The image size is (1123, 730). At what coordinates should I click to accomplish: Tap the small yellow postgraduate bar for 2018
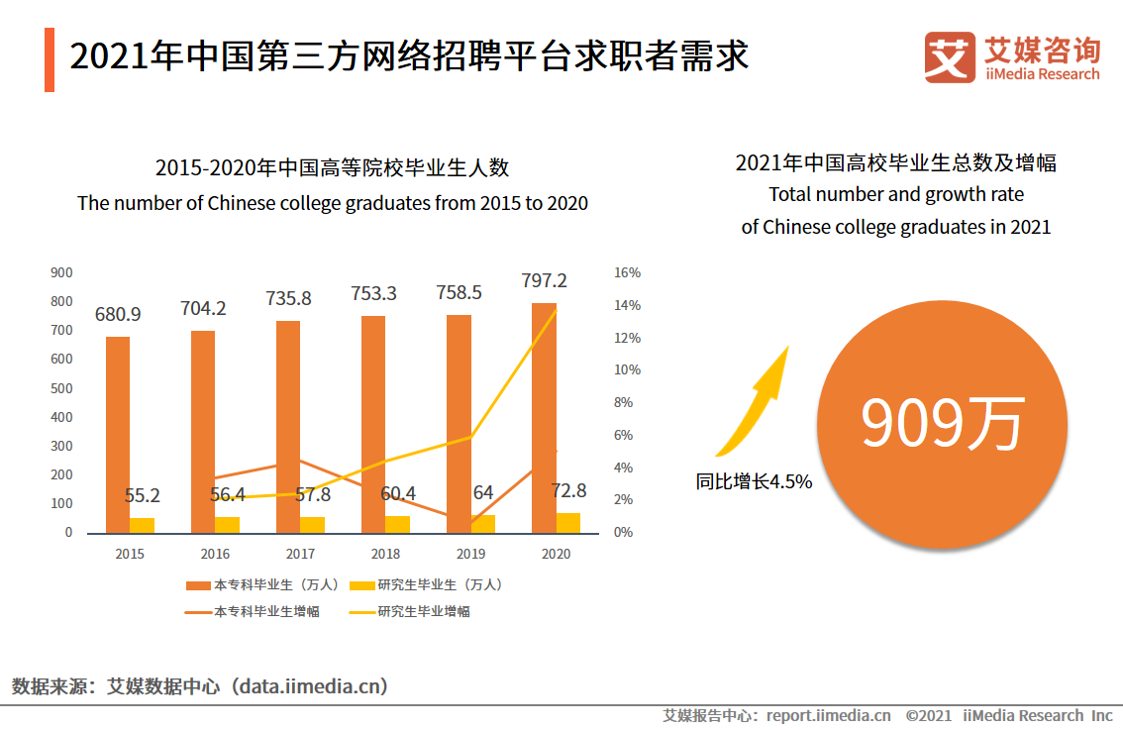click(397, 524)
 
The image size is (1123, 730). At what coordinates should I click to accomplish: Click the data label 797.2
click(544, 281)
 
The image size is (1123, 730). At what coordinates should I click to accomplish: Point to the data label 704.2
click(203, 308)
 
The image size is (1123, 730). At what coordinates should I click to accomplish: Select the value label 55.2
click(143, 495)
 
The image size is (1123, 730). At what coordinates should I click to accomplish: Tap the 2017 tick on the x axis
click(300, 554)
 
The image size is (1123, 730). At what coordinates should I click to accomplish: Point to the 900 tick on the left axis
click(61, 272)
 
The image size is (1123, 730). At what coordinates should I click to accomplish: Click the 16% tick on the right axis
click(627, 272)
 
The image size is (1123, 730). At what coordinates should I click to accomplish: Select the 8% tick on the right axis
click(624, 402)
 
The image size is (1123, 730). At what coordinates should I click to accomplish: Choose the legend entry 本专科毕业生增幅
click(266, 611)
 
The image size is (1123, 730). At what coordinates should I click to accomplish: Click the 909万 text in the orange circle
click(941, 423)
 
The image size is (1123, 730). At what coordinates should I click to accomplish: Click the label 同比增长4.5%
click(754, 482)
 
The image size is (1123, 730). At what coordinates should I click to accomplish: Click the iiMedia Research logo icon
click(950, 57)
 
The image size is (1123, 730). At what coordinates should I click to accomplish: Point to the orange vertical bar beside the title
click(50, 59)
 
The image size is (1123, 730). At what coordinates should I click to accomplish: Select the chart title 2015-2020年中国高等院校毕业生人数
click(332, 167)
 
